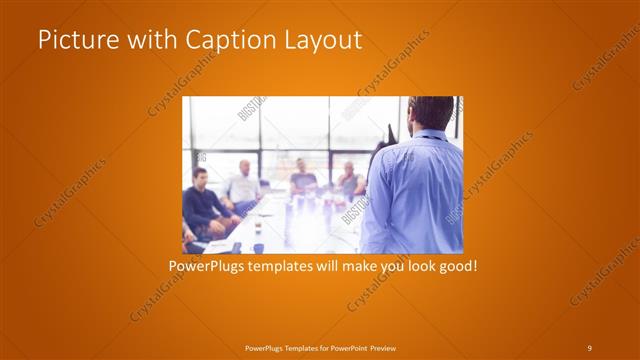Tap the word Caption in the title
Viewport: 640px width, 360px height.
coord(226,41)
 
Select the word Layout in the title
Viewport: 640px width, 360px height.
coord(320,41)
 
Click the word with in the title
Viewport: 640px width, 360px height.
coord(143,41)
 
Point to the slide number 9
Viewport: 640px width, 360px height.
coord(589,347)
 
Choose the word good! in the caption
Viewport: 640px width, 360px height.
coord(455,267)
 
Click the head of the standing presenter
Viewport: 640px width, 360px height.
coord(432,113)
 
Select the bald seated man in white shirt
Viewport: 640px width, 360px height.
coord(244,184)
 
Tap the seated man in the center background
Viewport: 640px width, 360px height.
coord(303,177)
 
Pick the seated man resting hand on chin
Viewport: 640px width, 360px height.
coord(349,180)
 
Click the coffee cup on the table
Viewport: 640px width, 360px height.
coord(257,229)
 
